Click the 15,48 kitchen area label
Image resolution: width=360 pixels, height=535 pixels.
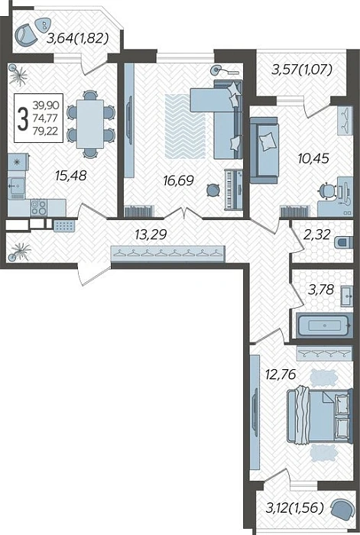70,176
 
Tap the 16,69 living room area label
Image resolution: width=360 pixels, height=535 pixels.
178,180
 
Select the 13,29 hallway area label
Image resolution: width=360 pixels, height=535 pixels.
151,235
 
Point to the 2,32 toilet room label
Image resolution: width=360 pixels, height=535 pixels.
317,235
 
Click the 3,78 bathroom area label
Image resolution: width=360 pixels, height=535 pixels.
320,290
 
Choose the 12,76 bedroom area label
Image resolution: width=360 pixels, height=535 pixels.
281,374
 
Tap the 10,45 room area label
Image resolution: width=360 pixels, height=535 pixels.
313,158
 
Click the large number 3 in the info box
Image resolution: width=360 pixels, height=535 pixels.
23,118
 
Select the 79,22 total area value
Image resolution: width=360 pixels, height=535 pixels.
46,131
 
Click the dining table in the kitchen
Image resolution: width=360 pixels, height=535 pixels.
89,124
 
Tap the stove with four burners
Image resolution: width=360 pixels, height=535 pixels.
38,207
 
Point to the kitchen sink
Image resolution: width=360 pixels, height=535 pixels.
16,187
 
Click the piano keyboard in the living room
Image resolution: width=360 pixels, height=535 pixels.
233,190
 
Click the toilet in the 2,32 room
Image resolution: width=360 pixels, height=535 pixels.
343,243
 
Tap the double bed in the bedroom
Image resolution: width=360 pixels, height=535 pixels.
319,417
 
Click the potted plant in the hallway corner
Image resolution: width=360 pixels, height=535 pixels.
20,251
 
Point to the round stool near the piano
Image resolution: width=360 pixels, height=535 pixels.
213,190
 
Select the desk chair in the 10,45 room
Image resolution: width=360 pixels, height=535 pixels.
327,192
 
